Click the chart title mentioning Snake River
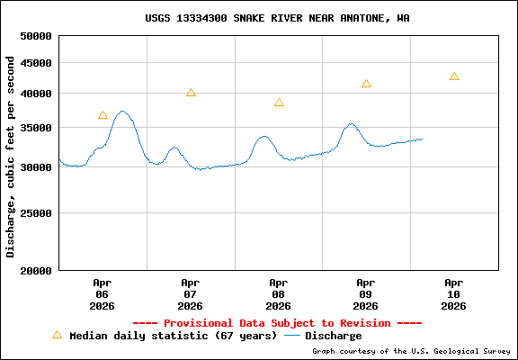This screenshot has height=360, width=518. [277, 18]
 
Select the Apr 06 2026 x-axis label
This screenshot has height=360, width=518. [102, 293]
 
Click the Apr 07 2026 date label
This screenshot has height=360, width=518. [190, 293]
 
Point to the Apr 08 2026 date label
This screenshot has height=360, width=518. [278, 293]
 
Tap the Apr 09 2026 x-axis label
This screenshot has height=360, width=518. [366, 293]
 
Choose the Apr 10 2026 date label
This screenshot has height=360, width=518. [454, 293]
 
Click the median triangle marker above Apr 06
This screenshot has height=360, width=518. [103, 115]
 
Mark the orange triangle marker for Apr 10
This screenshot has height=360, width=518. [454, 76]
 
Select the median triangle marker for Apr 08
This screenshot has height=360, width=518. [279, 103]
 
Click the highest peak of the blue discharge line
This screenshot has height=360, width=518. [123, 112]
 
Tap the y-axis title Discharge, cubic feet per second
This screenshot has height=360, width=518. [11, 156]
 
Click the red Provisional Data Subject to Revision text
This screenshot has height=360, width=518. [277, 322]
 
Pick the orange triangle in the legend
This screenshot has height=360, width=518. [57, 335]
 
